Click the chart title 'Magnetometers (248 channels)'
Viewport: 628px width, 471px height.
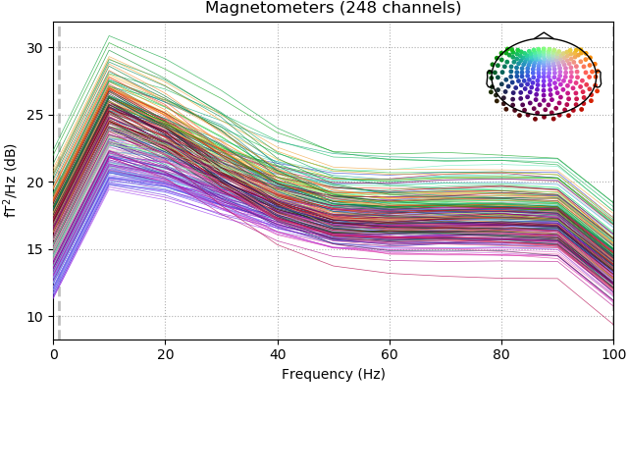[333, 8]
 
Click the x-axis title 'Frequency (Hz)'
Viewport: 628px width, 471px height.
[333, 374]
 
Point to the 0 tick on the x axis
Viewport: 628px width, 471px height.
[54, 354]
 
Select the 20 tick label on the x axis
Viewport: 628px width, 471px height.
[165, 354]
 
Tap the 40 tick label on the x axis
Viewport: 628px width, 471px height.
[278, 354]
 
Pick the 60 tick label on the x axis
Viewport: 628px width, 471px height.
[390, 354]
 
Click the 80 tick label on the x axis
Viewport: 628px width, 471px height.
[501, 354]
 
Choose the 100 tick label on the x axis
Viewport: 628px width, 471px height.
[613, 354]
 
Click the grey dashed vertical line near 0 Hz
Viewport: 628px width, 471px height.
[59, 196]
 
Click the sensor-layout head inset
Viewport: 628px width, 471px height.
[543, 77]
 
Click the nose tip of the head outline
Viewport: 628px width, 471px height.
[543, 33]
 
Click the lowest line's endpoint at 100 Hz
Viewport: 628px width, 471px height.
[613, 325]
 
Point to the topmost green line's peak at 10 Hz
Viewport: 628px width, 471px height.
[109, 35]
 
